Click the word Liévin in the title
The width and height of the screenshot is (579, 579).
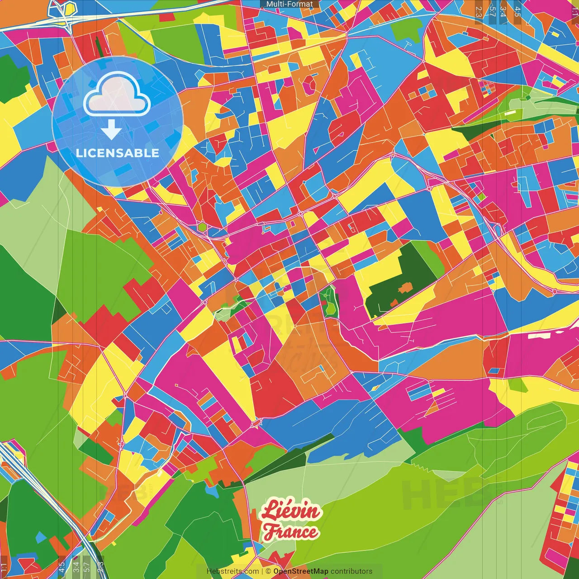point(291,511)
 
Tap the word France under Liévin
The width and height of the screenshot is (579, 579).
point(291,532)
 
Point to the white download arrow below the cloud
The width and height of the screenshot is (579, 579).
point(111,130)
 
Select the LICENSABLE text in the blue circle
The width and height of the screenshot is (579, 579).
point(118,153)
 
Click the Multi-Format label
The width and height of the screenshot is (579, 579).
point(289,4)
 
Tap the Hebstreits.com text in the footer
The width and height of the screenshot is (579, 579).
point(233,571)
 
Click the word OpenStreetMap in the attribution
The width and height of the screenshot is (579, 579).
point(301,571)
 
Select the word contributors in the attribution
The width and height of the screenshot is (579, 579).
point(351,571)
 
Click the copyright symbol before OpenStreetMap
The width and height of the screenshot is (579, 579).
point(268,571)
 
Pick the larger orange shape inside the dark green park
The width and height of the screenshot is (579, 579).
point(405,287)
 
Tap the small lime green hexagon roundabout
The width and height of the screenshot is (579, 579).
point(202,227)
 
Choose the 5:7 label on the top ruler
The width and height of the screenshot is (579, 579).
point(492,11)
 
